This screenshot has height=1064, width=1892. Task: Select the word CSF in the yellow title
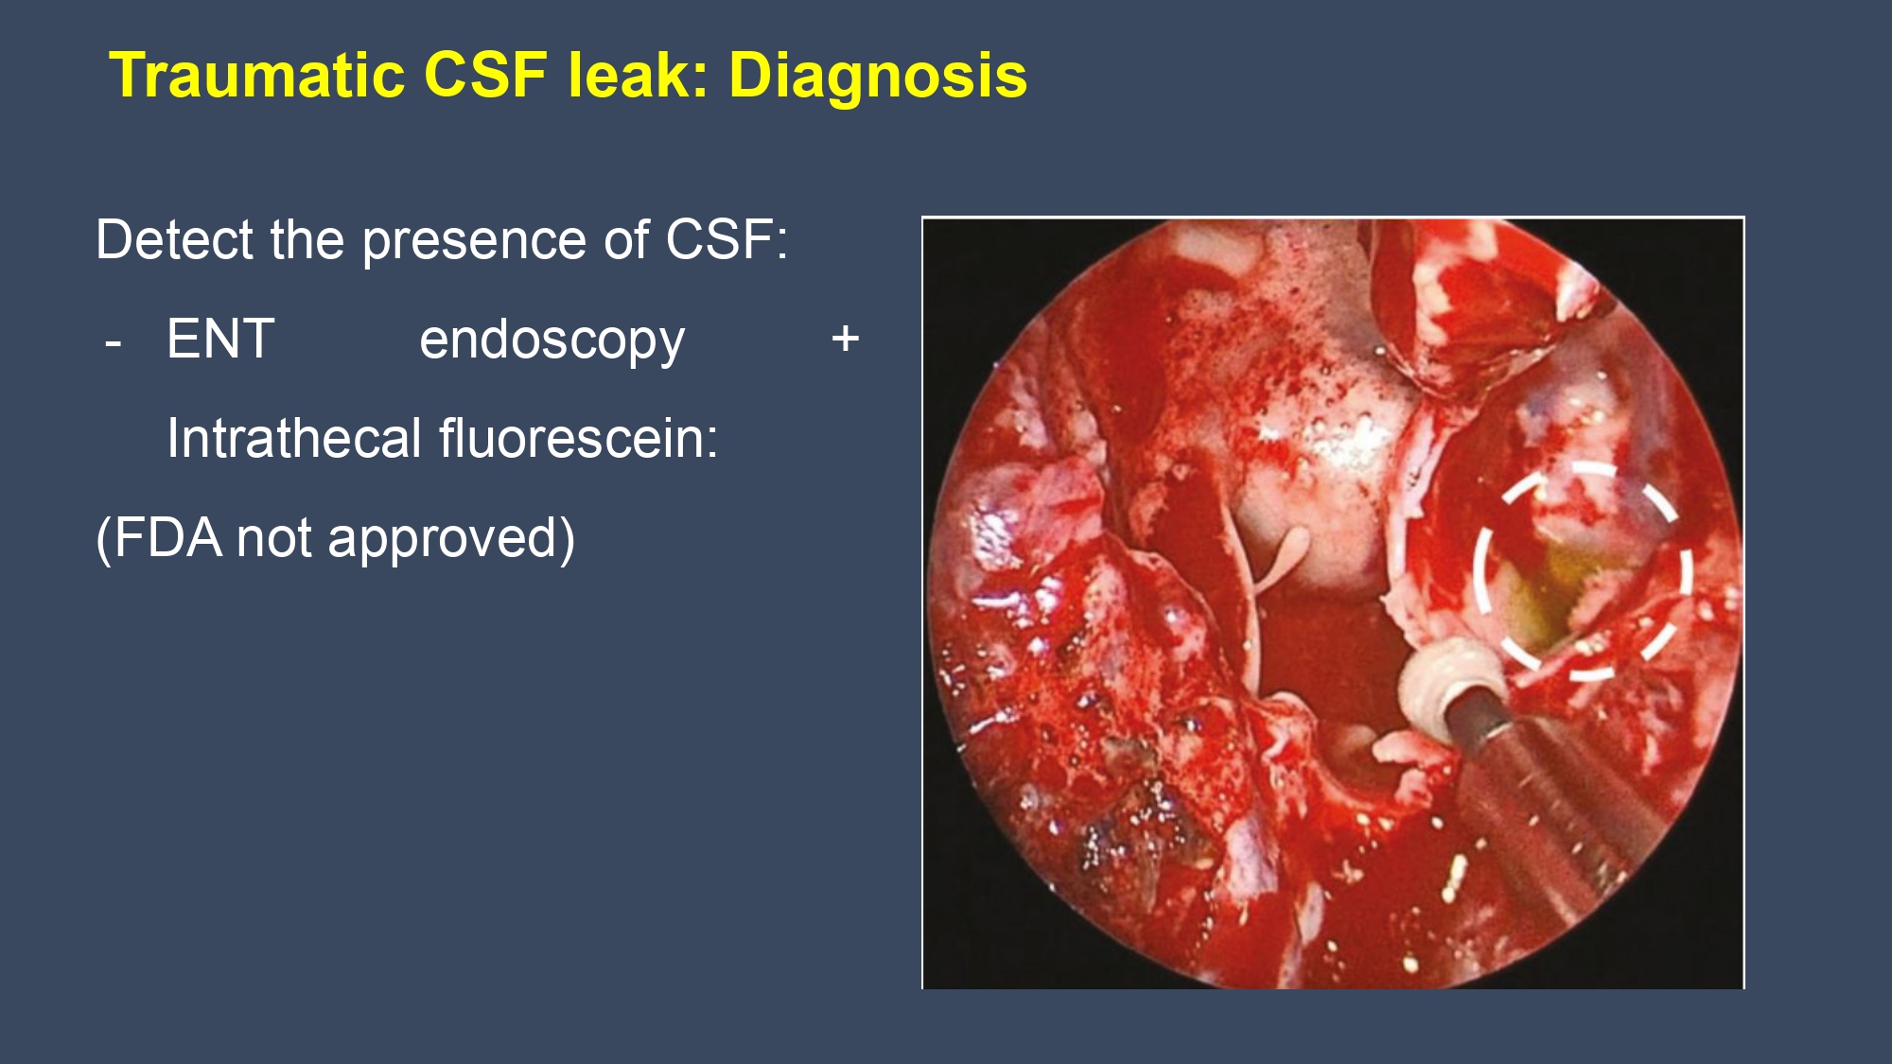click(485, 76)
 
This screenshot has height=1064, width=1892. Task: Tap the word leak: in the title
click(638, 76)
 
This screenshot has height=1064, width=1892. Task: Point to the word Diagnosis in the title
click(877, 76)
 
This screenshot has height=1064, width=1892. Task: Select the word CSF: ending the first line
click(727, 240)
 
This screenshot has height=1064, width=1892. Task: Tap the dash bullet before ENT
click(114, 342)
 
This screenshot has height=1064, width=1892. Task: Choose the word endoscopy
click(552, 342)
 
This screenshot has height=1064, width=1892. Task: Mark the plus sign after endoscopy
click(845, 339)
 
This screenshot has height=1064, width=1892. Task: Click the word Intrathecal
click(293, 439)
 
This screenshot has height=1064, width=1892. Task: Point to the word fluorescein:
click(578, 439)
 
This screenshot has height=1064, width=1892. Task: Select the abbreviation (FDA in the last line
click(159, 539)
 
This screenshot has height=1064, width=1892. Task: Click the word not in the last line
click(275, 539)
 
